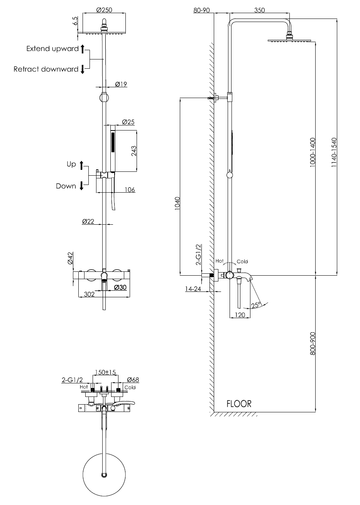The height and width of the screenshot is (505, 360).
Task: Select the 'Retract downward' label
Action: [46, 69]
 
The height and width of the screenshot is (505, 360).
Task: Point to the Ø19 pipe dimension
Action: [121, 84]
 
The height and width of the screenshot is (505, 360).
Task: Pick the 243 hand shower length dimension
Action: [134, 151]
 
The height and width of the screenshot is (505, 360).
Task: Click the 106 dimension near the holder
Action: [130, 190]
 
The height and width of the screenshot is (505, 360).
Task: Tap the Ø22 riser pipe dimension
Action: [88, 221]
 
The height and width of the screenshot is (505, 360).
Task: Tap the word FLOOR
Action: [239, 404]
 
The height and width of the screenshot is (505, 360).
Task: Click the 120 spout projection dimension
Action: [240, 315]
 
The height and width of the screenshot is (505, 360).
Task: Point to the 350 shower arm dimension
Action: [260, 10]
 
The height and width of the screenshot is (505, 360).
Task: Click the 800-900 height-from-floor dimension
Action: [313, 343]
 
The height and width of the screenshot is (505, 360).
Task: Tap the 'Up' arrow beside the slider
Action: [81, 165]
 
